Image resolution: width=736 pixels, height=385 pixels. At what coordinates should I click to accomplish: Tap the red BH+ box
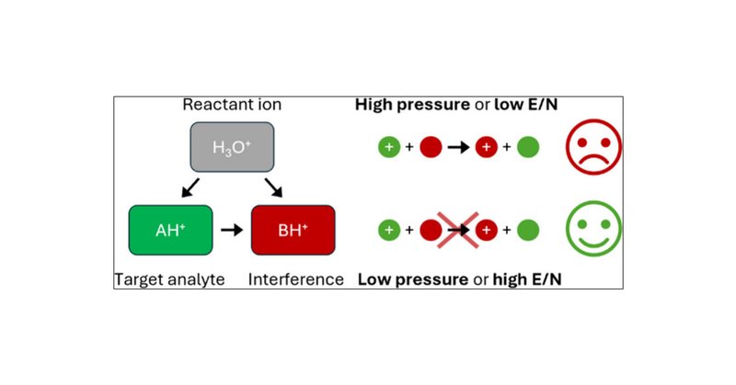293,231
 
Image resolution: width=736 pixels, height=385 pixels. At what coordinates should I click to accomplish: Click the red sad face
593,146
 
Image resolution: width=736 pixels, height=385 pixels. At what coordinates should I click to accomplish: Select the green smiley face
593,229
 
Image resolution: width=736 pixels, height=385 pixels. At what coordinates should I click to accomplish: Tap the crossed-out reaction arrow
456,230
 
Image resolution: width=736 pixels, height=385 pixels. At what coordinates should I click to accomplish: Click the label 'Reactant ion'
232,105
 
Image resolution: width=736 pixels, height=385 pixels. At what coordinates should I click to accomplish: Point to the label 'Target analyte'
169,278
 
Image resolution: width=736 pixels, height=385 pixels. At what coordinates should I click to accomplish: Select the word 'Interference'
296,278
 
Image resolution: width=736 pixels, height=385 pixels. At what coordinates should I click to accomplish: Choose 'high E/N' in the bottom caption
527,278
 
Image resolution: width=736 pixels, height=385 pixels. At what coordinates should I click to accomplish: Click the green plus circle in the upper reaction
389,147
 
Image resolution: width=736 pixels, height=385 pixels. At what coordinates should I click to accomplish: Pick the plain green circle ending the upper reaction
527,147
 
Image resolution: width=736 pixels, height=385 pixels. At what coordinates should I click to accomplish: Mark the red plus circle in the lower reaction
487,230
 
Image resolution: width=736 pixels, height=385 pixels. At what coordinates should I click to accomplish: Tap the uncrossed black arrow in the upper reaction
458,147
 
